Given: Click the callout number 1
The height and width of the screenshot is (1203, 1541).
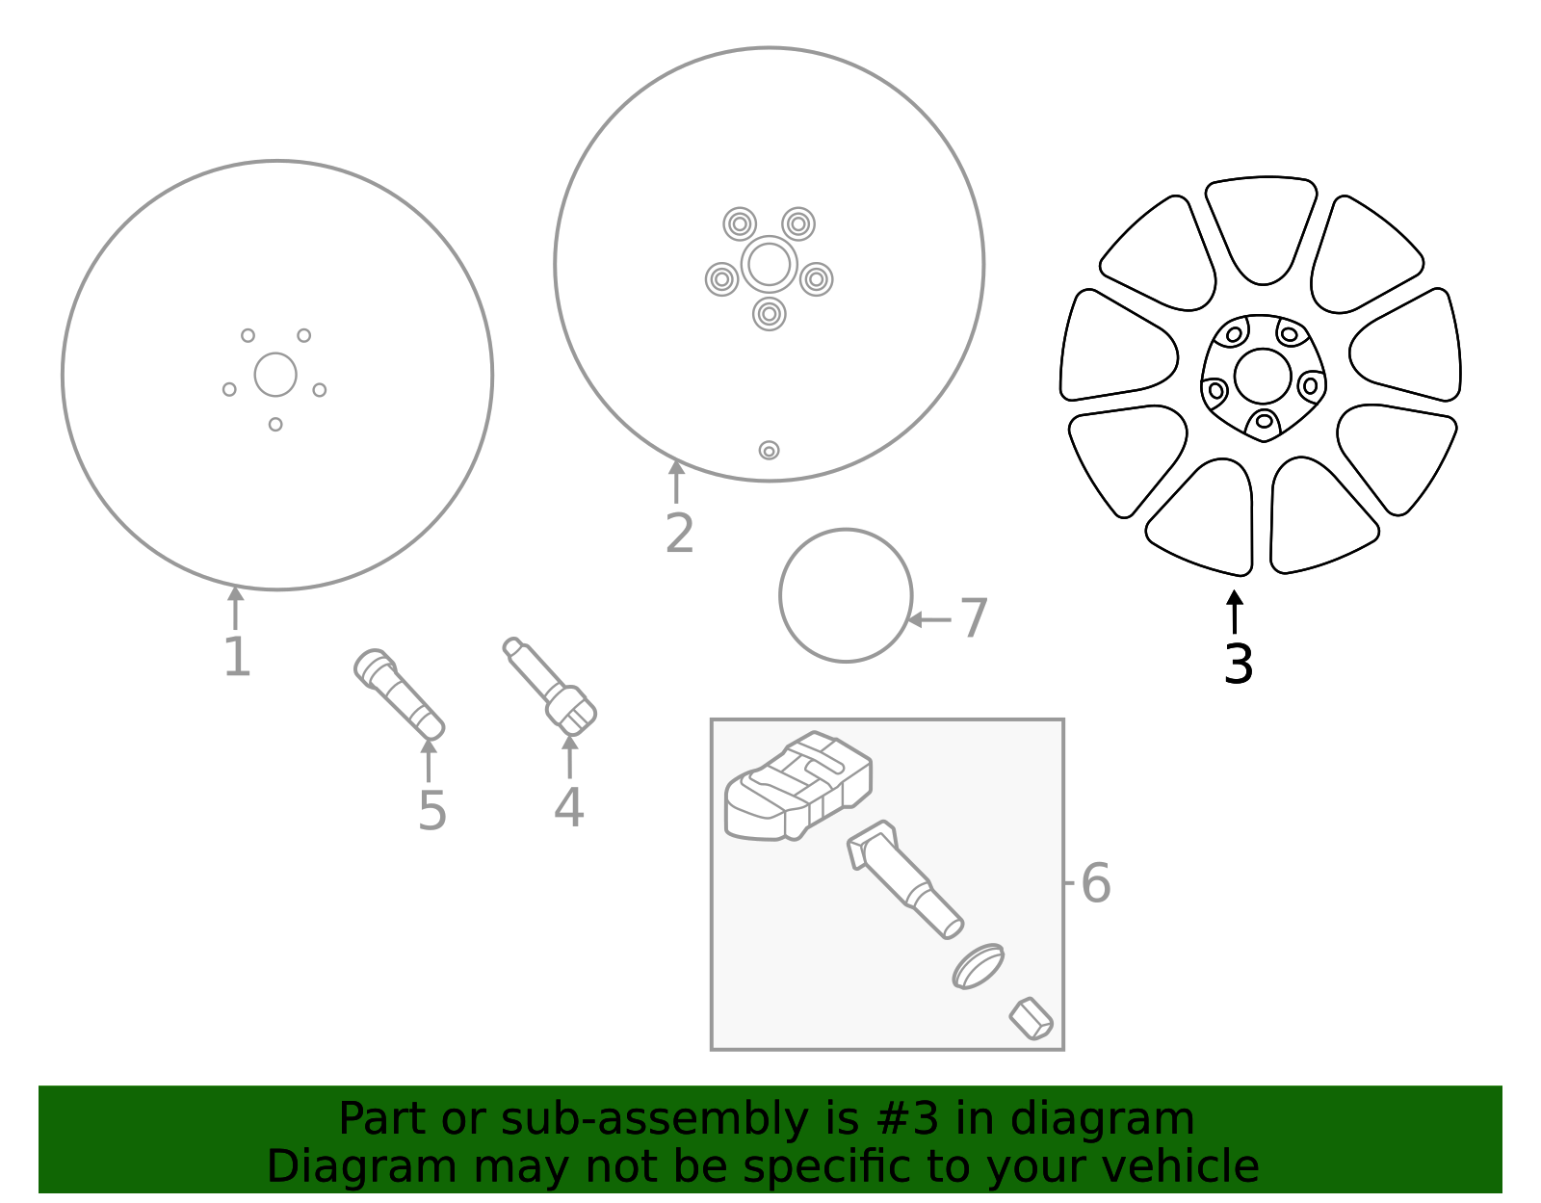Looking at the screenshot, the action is [238, 657].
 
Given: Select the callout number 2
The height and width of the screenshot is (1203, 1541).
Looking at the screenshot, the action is [679, 534].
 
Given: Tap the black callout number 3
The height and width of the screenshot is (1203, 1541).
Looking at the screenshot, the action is [1239, 665].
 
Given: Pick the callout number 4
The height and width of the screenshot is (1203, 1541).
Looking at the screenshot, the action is [569, 807].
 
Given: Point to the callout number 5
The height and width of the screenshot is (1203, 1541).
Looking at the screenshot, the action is [431, 811].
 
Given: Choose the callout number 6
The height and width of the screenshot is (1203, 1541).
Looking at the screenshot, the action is [1096, 883].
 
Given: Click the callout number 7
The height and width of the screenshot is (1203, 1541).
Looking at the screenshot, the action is [973, 618].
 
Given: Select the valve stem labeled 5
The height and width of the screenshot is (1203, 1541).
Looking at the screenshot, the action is [400, 694].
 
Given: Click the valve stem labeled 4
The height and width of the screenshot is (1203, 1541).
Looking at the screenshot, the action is [550, 686].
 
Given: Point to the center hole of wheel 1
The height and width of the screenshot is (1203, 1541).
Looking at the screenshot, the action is [275, 375].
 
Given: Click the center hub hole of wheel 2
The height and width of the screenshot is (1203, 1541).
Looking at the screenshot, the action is [769, 265].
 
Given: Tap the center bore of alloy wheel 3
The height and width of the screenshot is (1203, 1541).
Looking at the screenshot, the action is [1263, 377].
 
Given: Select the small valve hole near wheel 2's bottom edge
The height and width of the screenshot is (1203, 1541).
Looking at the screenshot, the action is [769, 450].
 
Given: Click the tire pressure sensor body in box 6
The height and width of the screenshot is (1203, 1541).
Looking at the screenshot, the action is [798, 786].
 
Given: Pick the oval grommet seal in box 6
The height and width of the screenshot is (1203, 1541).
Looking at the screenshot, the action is [978, 966].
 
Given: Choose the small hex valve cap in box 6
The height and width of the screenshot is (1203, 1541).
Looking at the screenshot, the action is [1032, 1019].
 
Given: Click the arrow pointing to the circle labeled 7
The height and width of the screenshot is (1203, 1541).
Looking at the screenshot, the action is [929, 619].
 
